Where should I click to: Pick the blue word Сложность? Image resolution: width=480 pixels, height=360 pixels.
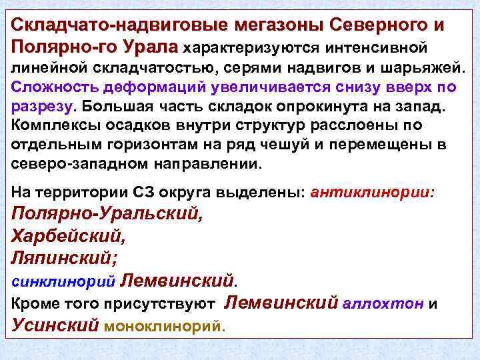[53, 88]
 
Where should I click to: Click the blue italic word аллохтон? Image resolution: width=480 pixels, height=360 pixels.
[383, 304]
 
